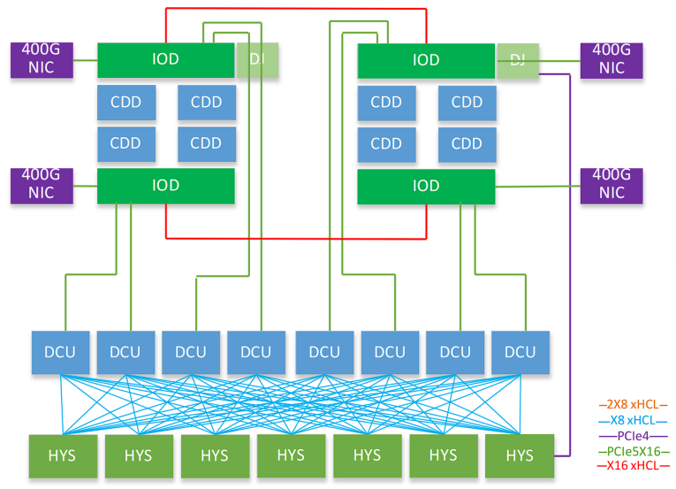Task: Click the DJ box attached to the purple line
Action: (x=518, y=60)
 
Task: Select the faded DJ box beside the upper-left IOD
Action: (x=256, y=60)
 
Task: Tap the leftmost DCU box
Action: (x=61, y=352)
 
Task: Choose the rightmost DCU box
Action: (x=520, y=352)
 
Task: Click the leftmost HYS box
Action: (x=61, y=456)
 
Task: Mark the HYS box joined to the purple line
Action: (x=520, y=456)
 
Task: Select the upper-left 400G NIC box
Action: (x=40, y=60)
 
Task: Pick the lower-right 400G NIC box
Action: (x=611, y=185)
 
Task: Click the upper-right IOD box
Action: (x=426, y=60)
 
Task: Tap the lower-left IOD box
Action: (x=165, y=186)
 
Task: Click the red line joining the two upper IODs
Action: (x=296, y=9)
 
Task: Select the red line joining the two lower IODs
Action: (x=296, y=238)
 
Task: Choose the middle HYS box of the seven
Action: (x=291, y=456)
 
